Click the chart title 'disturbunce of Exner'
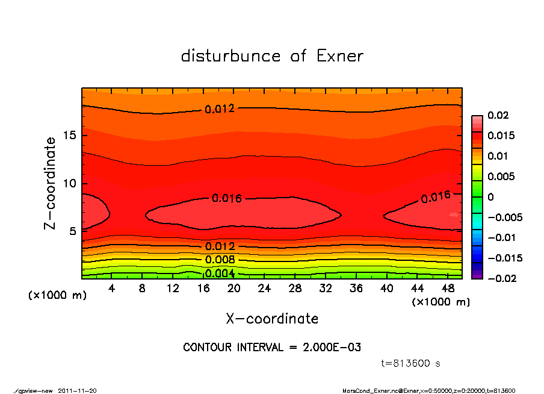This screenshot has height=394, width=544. [x=272, y=56]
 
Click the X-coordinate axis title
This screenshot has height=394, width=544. [x=272, y=319]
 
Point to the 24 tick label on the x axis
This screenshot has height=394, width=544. [x=264, y=289]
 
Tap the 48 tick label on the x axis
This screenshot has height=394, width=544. [x=448, y=289]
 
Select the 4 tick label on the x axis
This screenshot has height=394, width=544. [x=112, y=289]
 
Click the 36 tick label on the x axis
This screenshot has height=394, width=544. [x=356, y=289]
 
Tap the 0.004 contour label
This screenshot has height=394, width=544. [x=220, y=274]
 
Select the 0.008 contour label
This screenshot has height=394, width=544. [x=220, y=260]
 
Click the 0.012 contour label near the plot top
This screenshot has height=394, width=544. [x=220, y=109]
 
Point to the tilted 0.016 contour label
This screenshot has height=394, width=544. [x=435, y=197]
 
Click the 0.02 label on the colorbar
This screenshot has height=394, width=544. [x=498, y=115]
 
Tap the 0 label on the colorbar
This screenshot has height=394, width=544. [x=491, y=197]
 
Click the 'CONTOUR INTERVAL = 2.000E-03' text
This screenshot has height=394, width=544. [x=272, y=348]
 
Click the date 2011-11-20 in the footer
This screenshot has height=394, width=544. [x=77, y=390]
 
